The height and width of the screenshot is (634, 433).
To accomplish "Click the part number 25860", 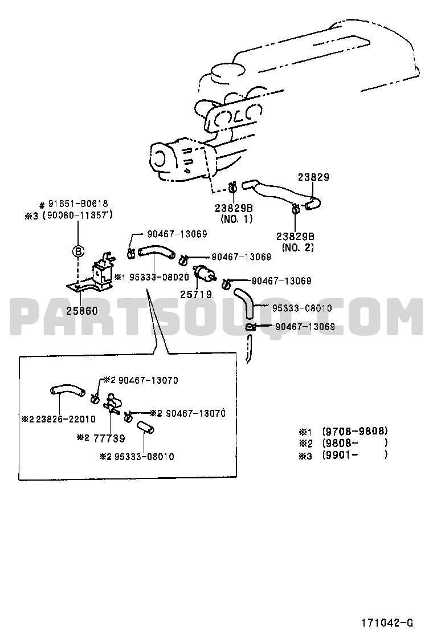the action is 83,311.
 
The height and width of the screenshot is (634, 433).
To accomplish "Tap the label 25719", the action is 196,294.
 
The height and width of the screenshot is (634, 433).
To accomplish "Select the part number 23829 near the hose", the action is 314,177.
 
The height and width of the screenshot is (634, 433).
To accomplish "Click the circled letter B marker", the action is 78,251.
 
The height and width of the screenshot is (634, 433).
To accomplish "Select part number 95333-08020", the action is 159,277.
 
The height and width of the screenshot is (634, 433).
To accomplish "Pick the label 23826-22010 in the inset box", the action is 66,419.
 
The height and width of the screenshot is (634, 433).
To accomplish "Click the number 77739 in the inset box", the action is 109,438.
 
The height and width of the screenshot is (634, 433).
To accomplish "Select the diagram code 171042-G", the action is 387,622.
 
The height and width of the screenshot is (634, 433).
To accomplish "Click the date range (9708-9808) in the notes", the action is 355,430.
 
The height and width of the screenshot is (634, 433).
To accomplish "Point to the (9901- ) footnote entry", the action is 355,454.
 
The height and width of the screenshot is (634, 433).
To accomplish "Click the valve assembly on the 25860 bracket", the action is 103,267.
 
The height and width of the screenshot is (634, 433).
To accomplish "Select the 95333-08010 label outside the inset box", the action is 302,308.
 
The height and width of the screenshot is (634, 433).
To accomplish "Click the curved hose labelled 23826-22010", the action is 67,391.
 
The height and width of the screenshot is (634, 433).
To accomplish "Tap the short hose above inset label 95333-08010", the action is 145,428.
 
